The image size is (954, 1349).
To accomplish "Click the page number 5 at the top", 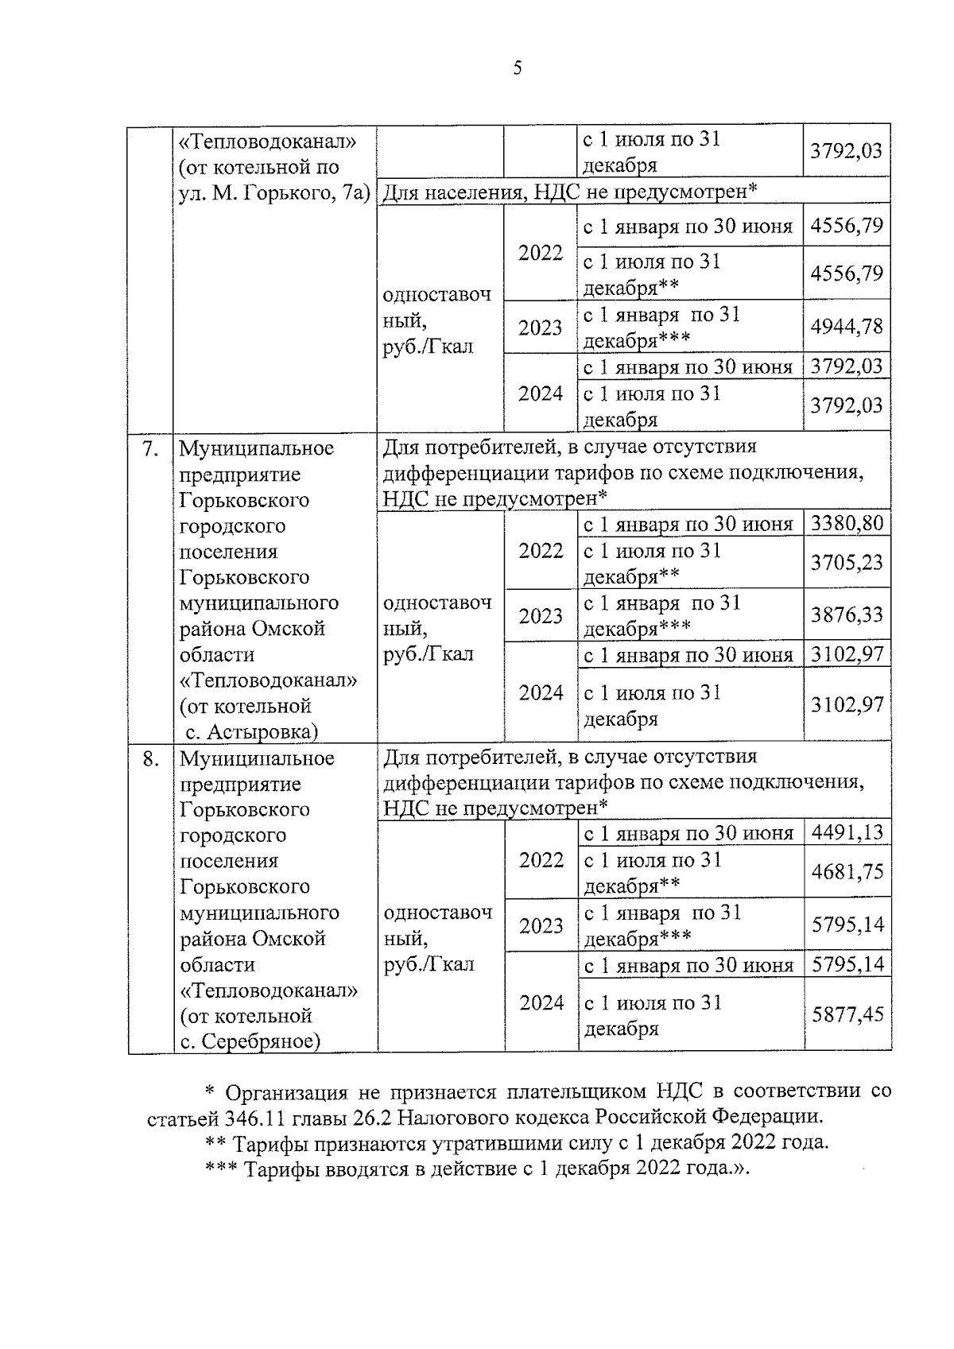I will [518, 69].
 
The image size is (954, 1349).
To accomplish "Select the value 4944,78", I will [847, 326].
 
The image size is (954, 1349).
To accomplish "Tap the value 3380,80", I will [847, 524].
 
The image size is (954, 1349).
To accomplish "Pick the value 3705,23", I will [847, 563].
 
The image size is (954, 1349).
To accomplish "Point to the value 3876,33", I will [847, 614].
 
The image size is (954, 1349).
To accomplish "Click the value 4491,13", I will [847, 833].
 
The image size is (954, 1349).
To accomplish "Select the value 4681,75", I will [847, 872].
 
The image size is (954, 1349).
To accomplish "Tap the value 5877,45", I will [847, 1014].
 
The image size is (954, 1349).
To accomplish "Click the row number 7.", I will [150, 449].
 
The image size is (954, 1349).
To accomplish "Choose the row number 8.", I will [150, 759].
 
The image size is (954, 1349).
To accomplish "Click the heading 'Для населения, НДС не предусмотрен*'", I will [570, 192].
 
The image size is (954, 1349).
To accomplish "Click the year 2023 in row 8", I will [541, 926].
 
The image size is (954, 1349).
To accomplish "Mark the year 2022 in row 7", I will [541, 551].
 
